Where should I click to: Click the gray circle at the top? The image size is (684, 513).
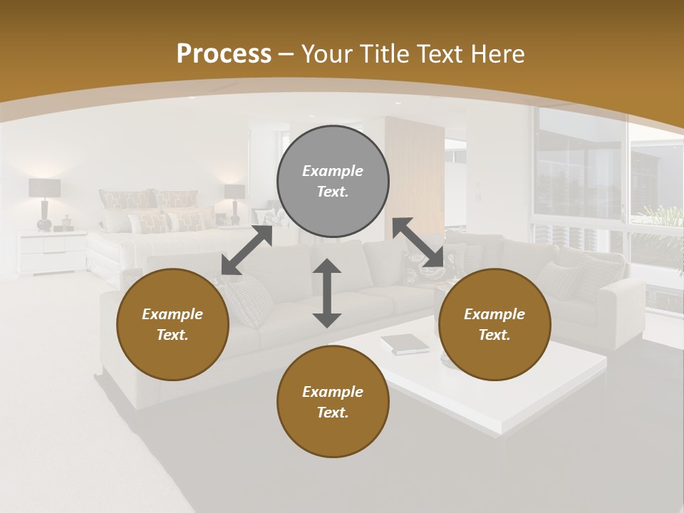[x=333, y=182]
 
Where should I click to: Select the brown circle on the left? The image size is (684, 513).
[x=172, y=324]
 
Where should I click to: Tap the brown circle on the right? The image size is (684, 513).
[x=494, y=324]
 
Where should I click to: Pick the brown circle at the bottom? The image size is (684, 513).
[x=333, y=402]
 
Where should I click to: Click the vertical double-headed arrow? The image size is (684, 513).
[x=327, y=293]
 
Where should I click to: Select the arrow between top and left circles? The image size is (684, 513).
[x=247, y=250]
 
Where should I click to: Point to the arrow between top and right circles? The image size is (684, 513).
[x=418, y=243]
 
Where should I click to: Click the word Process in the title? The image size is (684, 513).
[x=224, y=54]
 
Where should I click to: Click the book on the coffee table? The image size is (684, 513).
[x=404, y=344]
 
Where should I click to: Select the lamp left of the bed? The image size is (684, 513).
[x=44, y=202]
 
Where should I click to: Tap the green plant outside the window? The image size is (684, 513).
[x=660, y=218]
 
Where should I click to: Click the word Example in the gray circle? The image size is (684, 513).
[x=333, y=171]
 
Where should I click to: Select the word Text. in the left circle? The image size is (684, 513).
[x=172, y=335]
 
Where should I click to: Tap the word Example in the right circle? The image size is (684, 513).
[x=494, y=314]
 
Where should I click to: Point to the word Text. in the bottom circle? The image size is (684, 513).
[x=333, y=413]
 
